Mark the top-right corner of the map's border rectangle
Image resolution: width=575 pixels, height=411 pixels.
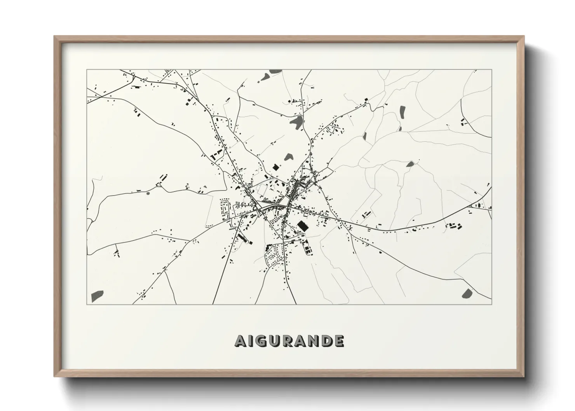coord(491,70)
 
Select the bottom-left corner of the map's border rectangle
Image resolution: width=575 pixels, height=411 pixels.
coord(87,304)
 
